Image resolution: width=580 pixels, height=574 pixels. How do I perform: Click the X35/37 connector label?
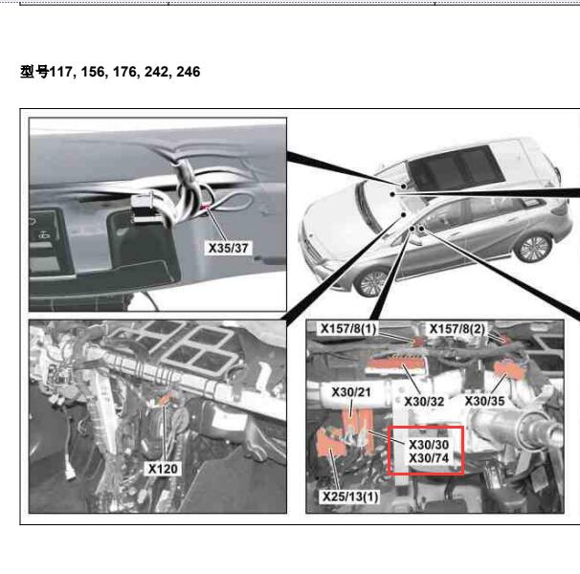[228, 248]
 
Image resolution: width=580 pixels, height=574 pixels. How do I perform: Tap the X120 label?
[163, 469]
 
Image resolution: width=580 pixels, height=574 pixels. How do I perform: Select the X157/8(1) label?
[348, 328]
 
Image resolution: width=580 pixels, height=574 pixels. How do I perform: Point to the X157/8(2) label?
[457, 328]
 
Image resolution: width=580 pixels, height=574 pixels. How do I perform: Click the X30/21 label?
[351, 392]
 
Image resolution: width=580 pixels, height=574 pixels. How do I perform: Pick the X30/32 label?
[424, 401]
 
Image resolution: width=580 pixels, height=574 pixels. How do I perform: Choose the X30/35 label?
[485, 401]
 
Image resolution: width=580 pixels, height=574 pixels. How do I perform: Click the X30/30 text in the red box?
[429, 444]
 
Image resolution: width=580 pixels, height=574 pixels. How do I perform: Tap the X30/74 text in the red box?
[429, 458]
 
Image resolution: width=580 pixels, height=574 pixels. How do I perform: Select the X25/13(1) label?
[350, 497]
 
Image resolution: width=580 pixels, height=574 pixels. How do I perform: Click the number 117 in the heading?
[61, 72]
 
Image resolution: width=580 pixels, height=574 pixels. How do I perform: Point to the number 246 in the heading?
[189, 72]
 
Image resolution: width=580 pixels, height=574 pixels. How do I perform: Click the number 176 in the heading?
[124, 72]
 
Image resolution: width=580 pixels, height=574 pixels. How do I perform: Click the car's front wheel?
[371, 282]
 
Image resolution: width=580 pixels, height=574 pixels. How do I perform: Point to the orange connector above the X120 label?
[165, 399]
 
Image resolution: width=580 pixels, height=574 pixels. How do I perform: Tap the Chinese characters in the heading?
[34, 72]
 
